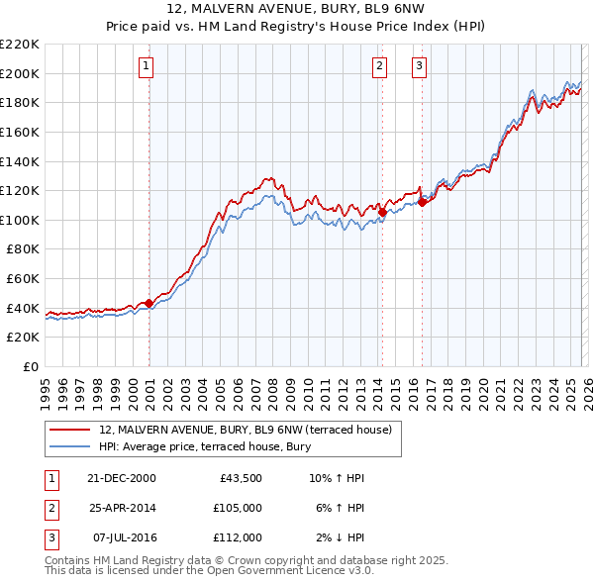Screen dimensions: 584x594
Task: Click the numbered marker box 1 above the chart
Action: (146, 66)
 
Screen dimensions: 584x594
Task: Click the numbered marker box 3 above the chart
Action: (419, 66)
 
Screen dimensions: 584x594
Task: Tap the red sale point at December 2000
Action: (149, 303)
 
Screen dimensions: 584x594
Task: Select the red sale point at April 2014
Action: (382, 212)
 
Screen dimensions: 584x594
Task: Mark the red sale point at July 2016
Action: (422, 202)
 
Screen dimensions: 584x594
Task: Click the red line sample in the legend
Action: (69, 430)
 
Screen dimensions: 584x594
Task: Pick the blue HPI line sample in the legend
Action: (69, 446)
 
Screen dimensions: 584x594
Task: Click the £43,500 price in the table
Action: (240, 478)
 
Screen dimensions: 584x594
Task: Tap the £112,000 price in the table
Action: (237, 537)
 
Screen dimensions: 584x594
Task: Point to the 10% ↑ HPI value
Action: (337, 478)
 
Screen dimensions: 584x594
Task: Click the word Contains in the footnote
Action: (69, 560)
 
